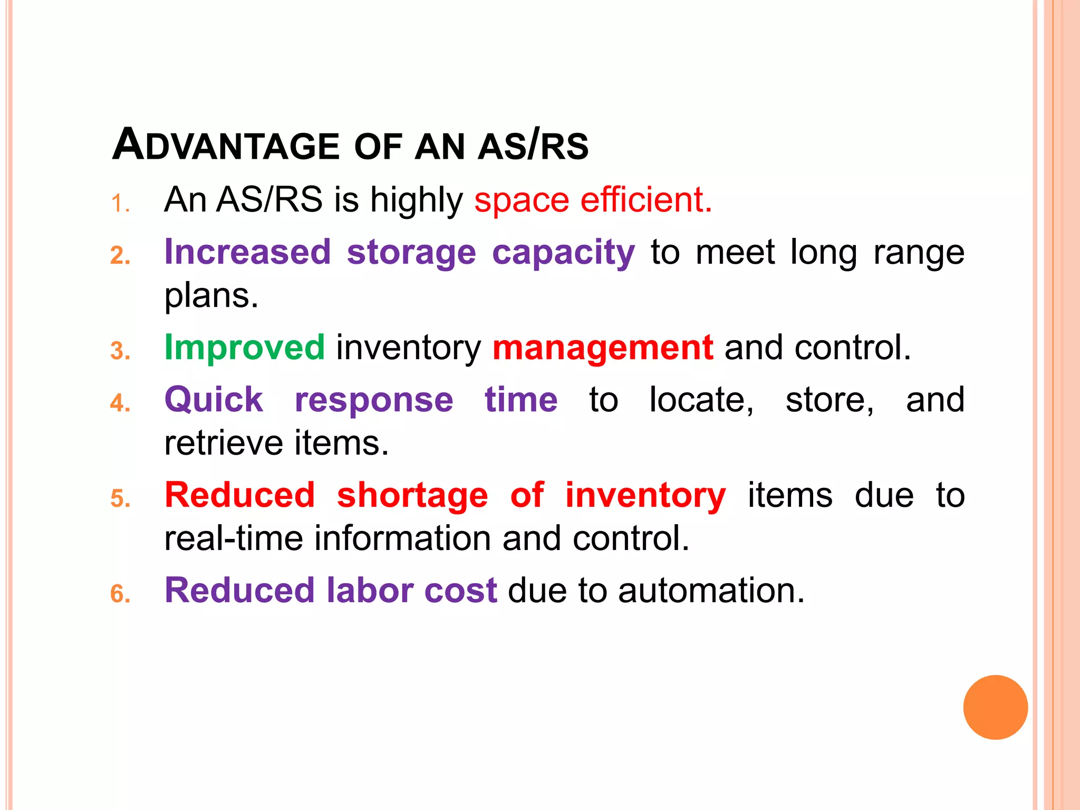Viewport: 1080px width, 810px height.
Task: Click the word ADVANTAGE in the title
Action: [x=226, y=145]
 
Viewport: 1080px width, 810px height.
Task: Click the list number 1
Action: [x=119, y=204]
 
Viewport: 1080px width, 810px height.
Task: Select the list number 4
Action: [x=120, y=403]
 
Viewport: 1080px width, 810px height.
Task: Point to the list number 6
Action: [x=120, y=594]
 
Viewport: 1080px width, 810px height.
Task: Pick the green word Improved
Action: [x=244, y=348]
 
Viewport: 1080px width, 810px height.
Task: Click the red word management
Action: [x=603, y=348]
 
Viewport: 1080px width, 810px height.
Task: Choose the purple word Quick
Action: [x=214, y=399]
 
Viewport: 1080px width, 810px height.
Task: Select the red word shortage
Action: [x=412, y=496]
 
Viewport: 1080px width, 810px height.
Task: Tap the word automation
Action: [x=711, y=590]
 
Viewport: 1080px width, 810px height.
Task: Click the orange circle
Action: [x=995, y=707]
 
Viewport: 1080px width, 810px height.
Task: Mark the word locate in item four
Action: [x=701, y=400]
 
